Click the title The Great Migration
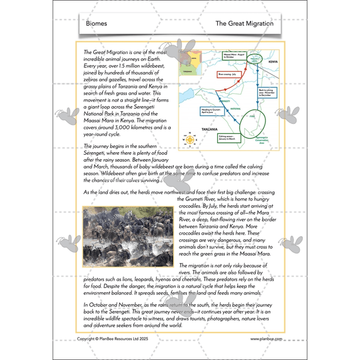coord(244,24)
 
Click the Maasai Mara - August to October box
coord(235,56)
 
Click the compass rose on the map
coord(190,139)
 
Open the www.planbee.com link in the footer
coord(265,339)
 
